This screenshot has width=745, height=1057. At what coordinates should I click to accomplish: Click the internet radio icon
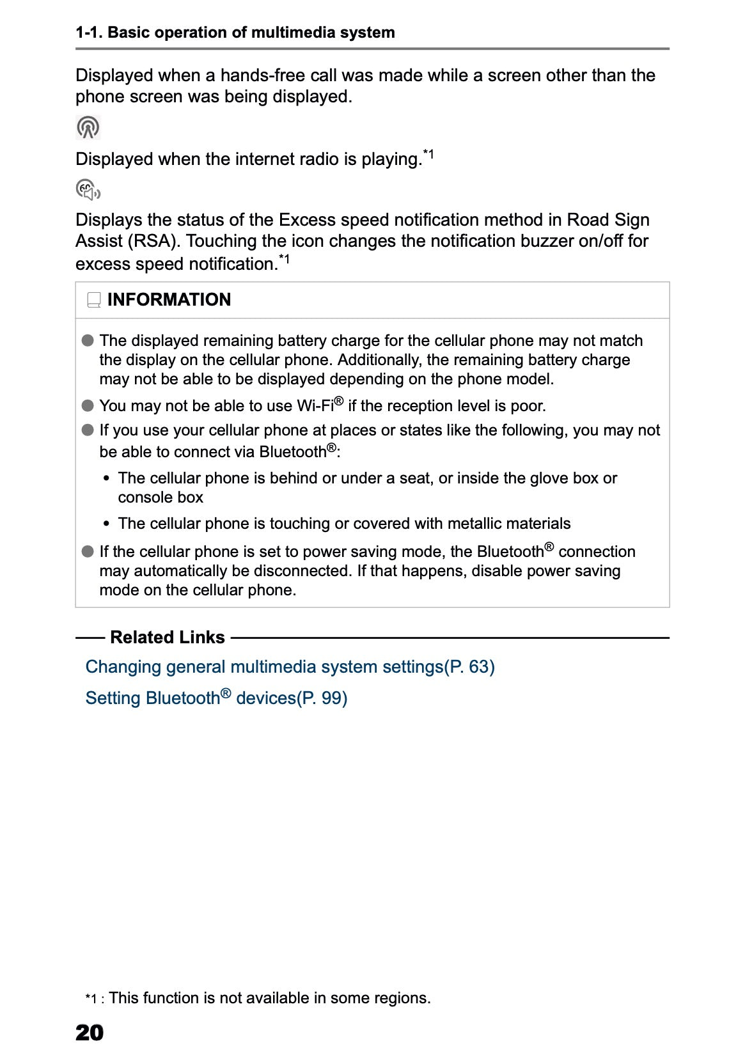[x=88, y=127]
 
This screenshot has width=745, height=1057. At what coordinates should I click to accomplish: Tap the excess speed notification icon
[x=88, y=190]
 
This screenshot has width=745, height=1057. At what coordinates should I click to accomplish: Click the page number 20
[x=90, y=1033]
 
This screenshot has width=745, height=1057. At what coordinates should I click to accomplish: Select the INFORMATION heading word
[x=169, y=300]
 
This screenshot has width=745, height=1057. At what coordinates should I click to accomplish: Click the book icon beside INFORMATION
[x=94, y=300]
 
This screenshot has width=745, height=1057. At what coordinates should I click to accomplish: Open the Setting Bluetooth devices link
[x=216, y=698]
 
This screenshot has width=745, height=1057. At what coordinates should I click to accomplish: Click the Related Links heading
[x=167, y=638]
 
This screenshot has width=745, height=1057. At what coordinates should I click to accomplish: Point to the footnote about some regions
[x=269, y=998]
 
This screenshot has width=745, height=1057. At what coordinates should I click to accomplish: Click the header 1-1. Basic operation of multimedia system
[x=235, y=33]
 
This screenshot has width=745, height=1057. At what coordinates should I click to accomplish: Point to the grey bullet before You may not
[x=88, y=406]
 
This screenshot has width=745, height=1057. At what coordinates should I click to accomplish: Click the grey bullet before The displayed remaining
[x=88, y=340]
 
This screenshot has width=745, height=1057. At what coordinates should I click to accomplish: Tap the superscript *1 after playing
[x=428, y=155]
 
